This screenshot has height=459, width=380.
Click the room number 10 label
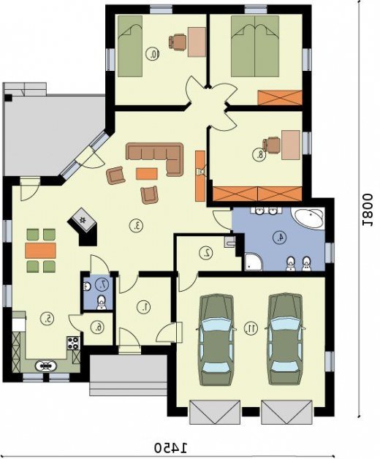click(x=153, y=54)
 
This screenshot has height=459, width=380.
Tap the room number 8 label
click(x=259, y=155)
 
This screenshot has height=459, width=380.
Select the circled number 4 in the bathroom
click(x=280, y=237)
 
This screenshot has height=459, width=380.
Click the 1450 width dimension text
click(x=170, y=447)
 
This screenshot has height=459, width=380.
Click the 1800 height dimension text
click(x=367, y=210)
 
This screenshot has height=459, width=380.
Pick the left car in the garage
click(x=216, y=339)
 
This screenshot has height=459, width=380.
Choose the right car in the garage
click(x=285, y=339)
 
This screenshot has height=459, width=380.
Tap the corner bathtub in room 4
click(x=308, y=218)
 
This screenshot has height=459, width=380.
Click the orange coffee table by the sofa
click(x=147, y=173)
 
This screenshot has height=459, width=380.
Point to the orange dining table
click(x=40, y=250)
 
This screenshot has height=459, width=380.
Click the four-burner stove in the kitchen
click(x=74, y=343)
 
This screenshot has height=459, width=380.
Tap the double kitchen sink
click(x=45, y=365)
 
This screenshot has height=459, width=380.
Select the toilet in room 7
click(x=102, y=302)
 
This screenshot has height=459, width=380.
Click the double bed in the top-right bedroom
click(x=255, y=46)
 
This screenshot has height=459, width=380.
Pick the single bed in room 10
click(x=130, y=46)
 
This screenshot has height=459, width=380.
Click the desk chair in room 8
click(x=271, y=145)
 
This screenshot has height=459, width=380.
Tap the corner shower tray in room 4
click(x=254, y=262)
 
